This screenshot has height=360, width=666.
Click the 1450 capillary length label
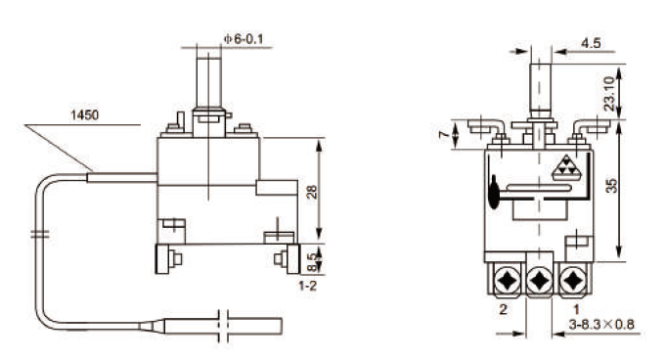(85, 115)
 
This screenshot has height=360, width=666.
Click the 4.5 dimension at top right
(591, 43)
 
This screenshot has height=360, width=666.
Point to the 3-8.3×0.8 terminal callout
(602, 324)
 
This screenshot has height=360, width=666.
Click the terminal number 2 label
(501, 308)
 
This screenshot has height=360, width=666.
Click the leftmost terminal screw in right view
(507, 280)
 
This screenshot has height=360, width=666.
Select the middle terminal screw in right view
(539, 281)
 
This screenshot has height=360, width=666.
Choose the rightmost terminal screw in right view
(571, 280)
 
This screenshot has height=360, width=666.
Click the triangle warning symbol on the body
(565, 168)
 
